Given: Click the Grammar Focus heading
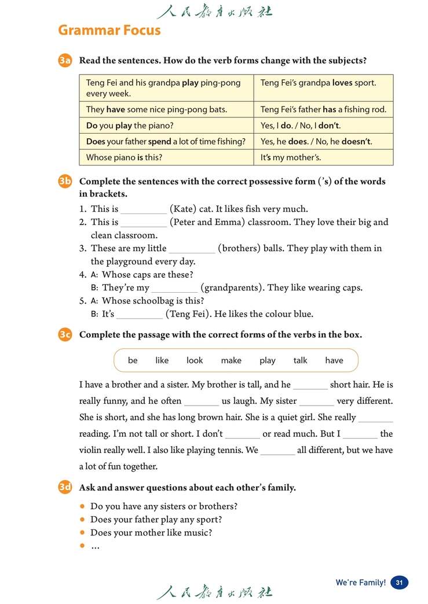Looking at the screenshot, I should click(x=109, y=30).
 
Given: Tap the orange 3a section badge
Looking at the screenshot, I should click(x=65, y=61).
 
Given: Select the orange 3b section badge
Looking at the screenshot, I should click(x=65, y=182).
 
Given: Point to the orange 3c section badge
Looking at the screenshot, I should click(x=65, y=335).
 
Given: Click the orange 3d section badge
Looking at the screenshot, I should click(x=65, y=488).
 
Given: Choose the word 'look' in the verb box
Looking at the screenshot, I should click(x=195, y=360).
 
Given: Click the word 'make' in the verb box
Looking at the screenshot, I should click(x=231, y=360).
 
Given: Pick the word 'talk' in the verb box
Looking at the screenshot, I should click(x=300, y=360).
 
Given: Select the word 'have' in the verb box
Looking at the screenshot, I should click(x=334, y=360).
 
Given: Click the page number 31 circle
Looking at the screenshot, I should click(x=399, y=583).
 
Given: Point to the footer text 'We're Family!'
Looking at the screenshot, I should click(x=360, y=583).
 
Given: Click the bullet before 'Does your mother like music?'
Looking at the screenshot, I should click(x=83, y=533).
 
